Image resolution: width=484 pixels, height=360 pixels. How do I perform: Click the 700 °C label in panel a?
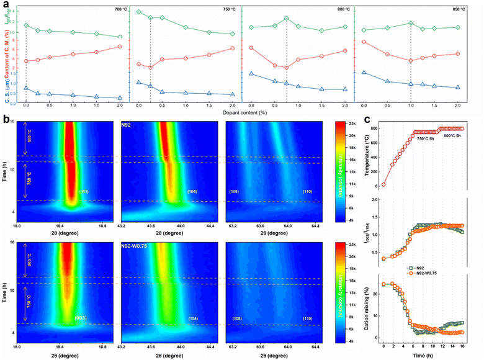112,10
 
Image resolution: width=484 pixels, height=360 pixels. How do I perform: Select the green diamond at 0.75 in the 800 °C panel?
287,19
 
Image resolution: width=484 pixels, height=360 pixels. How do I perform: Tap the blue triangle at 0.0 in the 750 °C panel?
138,82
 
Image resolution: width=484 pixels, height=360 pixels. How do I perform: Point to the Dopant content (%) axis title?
242,114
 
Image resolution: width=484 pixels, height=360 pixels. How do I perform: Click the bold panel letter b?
4,118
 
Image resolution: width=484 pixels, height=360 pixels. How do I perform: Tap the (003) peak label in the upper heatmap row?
84,192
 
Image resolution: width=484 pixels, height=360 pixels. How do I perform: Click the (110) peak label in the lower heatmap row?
307,318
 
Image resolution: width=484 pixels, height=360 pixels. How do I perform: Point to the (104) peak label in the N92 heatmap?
193,192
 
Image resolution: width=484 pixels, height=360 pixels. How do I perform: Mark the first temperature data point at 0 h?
384,184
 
